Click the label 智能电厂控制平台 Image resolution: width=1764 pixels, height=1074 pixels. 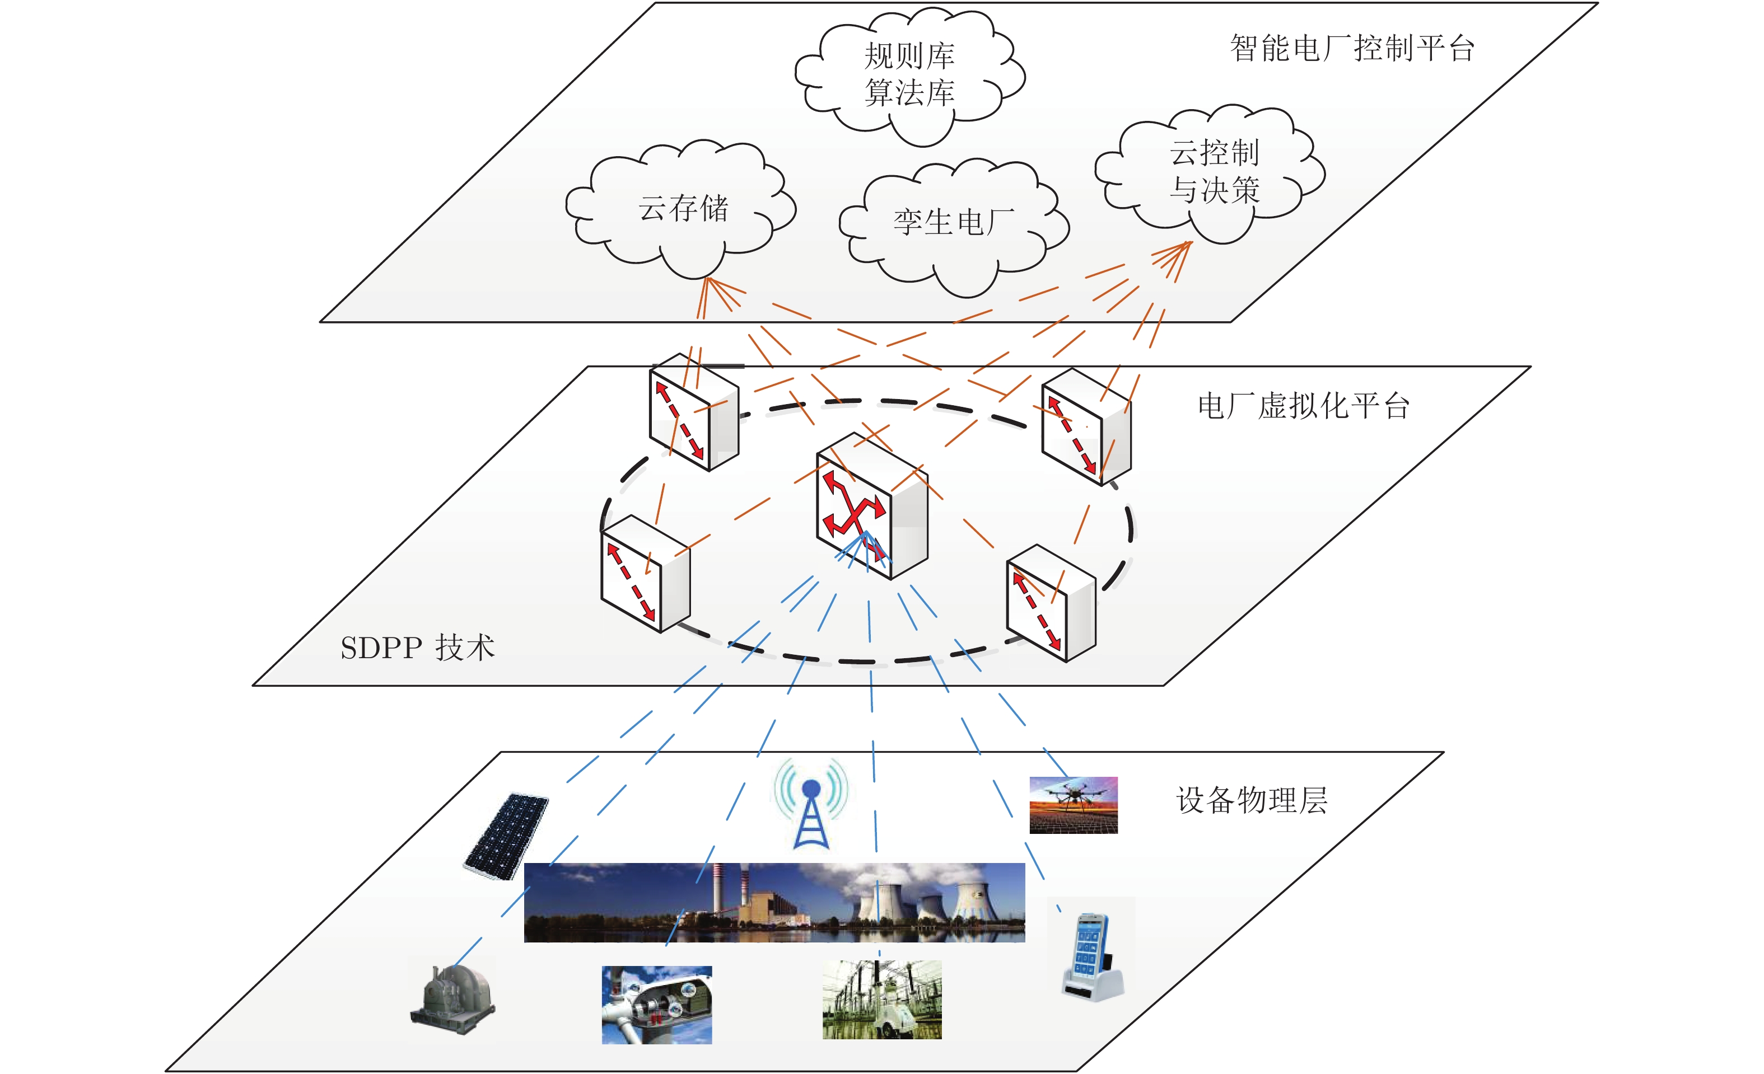pos(1352,49)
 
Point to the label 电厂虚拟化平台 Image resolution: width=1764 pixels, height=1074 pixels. pos(1304,406)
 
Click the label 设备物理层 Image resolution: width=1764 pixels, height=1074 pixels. pos(1252,800)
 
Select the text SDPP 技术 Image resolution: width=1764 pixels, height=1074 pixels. pos(417,648)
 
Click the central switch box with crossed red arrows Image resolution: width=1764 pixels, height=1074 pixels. pos(872,505)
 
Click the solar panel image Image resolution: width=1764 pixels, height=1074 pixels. pos(506,836)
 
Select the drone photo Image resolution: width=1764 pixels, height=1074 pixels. pos(1073,805)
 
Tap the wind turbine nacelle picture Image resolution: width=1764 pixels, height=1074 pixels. pos(656,1005)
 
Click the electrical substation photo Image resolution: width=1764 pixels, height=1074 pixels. pos(882,1000)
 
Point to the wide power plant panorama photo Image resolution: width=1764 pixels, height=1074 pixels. pos(774,902)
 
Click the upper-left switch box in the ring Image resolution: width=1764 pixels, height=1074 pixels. pos(694,412)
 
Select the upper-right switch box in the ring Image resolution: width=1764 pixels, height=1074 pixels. pos(1086,427)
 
